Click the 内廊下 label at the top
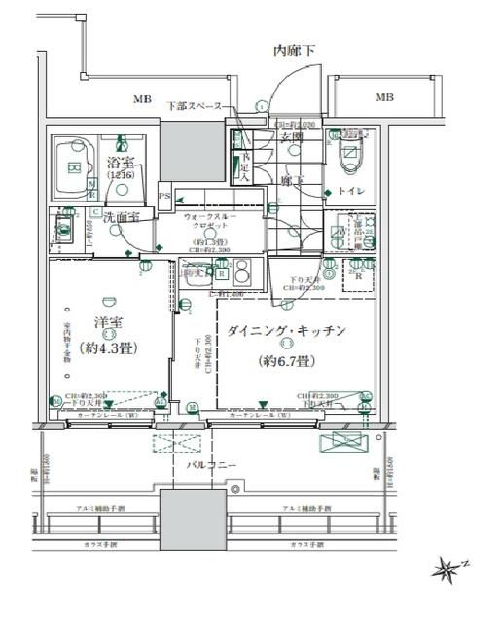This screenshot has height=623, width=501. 293,51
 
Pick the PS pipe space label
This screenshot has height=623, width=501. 164,195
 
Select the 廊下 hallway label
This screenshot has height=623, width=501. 290,180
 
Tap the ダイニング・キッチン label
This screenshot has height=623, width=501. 286,332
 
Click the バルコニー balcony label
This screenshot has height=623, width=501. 212,466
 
